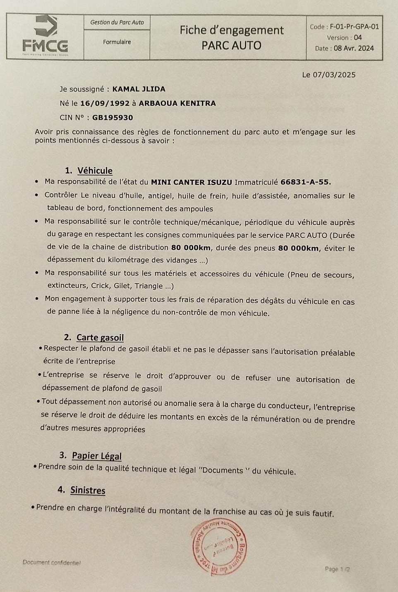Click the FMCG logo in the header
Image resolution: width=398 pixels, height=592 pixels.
pyautogui.click(x=45, y=36)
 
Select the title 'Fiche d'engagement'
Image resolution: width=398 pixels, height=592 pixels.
pyautogui.click(x=231, y=30)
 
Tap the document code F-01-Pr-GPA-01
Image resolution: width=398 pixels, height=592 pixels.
pyautogui.click(x=354, y=27)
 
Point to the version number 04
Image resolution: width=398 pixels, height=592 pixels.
pyautogui.click(x=358, y=38)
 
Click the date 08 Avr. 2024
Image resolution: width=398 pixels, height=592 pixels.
pyautogui.click(x=354, y=48)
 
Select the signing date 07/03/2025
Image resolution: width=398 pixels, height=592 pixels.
pyautogui.click(x=334, y=75)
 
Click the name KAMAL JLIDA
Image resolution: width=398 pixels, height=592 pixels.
pyautogui.click(x=139, y=89)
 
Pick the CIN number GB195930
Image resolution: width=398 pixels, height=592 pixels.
pyautogui.click(x=113, y=118)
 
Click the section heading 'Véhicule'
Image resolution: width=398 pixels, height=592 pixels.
pyautogui.click(x=95, y=171)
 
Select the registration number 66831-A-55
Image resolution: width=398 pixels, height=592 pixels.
pyautogui.click(x=306, y=182)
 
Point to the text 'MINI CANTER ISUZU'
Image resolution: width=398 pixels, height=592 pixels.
pyautogui.click(x=191, y=182)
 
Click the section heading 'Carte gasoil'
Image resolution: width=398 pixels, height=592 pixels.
pyautogui.click(x=100, y=337)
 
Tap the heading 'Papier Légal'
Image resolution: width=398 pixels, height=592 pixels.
pyautogui.click(x=96, y=456)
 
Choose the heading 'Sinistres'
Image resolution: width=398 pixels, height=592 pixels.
pyautogui.click(x=88, y=491)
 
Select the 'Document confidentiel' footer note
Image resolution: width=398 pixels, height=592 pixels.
pyautogui.click(x=52, y=563)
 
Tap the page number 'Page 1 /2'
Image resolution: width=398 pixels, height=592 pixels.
pyautogui.click(x=337, y=569)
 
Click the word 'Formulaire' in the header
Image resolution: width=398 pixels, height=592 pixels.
pyautogui.click(x=117, y=42)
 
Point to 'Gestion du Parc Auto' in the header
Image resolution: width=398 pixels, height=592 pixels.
pyautogui.click(x=117, y=22)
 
